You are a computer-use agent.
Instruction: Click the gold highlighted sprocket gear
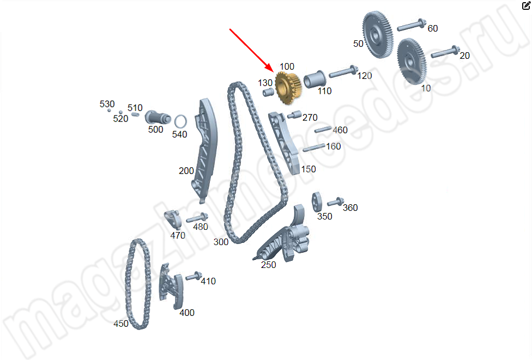pyautogui.click(x=288, y=88)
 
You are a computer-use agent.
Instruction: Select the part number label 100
pyautogui.click(x=287, y=66)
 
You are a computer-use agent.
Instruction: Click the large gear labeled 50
pyautogui.click(x=377, y=34)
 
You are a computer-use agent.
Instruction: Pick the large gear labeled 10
pyautogui.click(x=411, y=62)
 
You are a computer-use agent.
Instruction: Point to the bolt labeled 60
pyautogui.click(x=412, y=25)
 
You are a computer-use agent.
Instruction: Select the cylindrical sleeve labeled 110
pyautogui.click(x=315, y=80)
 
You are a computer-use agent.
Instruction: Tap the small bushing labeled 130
pyautogui.click(x=268, y=92)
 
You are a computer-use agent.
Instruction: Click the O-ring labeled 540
pyautogui.click(x=180, y=122)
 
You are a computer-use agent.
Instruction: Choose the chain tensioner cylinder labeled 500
pyautogui.click(x=158, y=118)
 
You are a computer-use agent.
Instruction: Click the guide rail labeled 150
pyautogui.click(x=285, y=143)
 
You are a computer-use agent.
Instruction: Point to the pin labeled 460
pyautogui.click(x=323, y=130)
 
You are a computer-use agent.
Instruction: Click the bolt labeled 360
pyautogui.click(x=336, y=202)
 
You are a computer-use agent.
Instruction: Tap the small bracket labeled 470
pyautogui.click(x=173, y=219)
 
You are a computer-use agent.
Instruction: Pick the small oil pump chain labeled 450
pyautogui.click(x=138, y=284)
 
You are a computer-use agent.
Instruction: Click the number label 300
pyautogui.click(x=221, y=242)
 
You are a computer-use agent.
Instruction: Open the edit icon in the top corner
pyautogui.click(x=526, y=5)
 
